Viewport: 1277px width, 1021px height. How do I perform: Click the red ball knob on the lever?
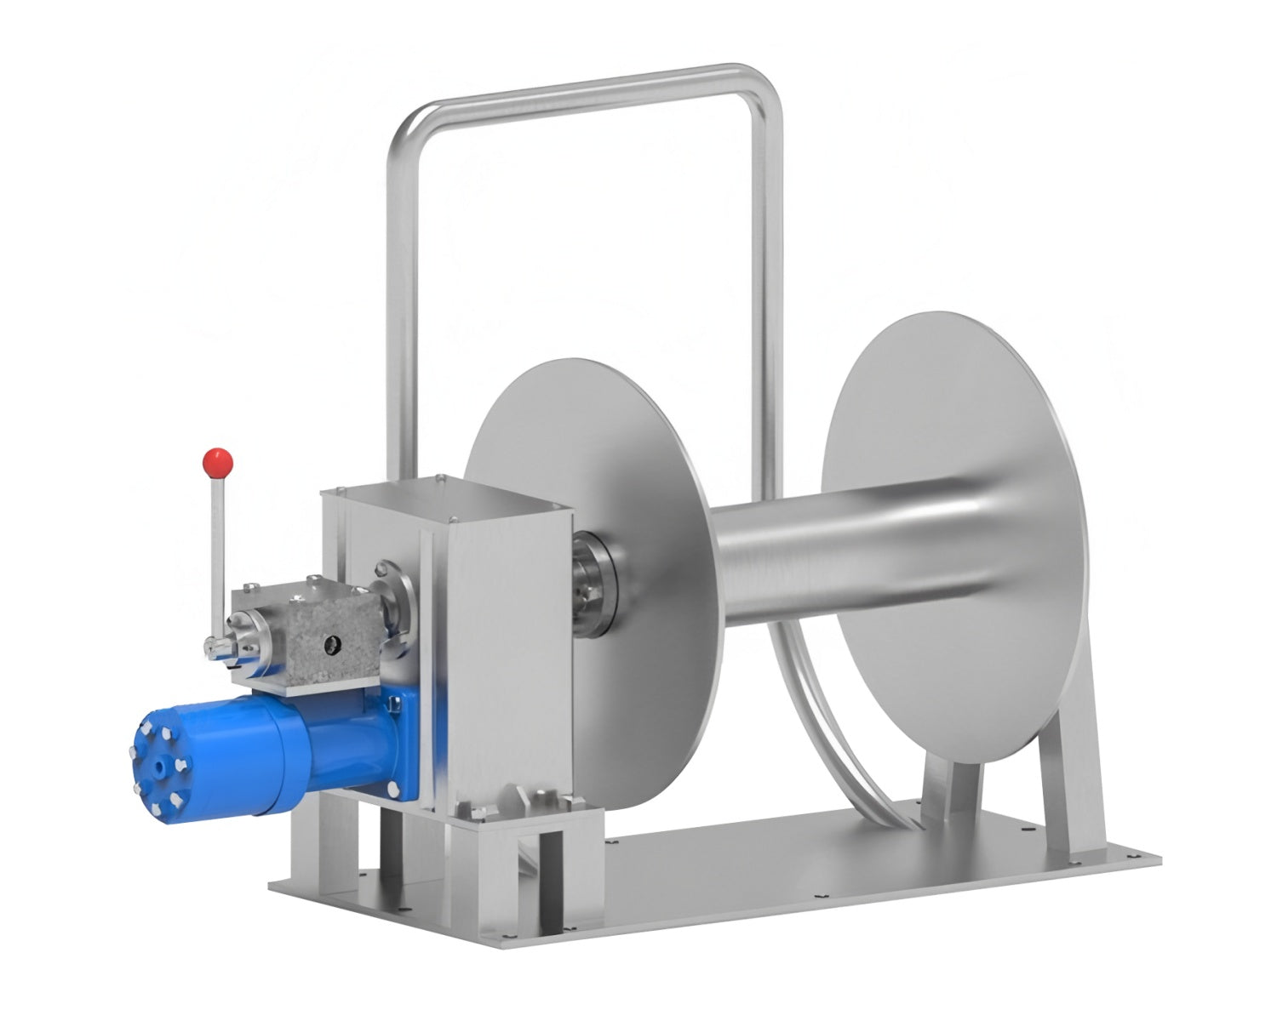(218, 461)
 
